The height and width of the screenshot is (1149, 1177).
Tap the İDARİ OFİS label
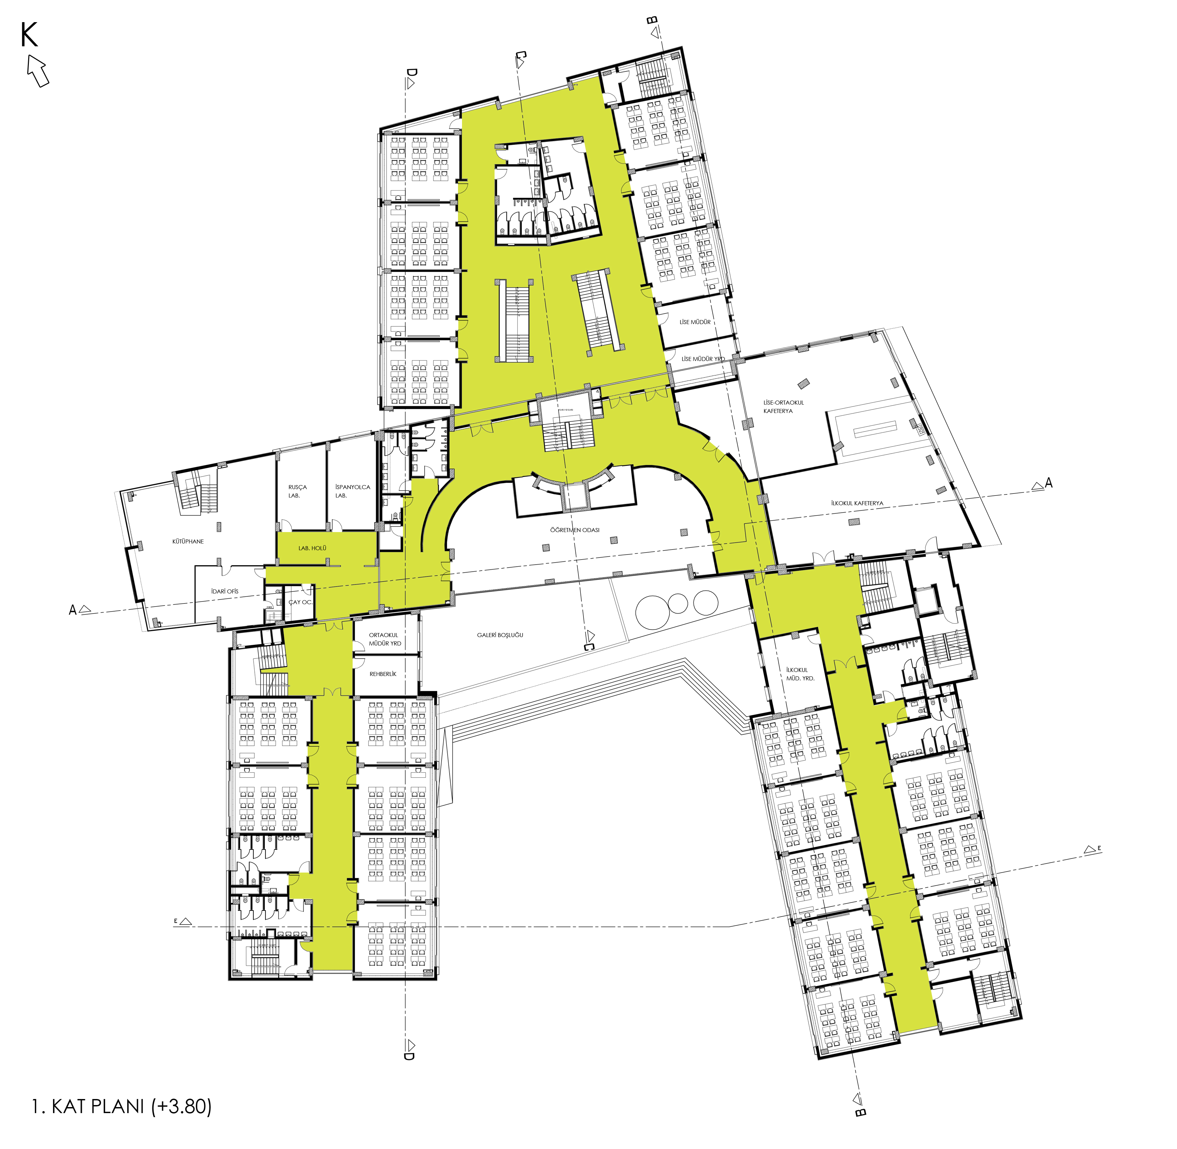224,591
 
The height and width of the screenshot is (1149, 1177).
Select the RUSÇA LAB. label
297,491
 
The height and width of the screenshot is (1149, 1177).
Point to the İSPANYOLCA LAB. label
352,491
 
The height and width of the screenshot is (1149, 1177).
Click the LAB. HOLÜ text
312,548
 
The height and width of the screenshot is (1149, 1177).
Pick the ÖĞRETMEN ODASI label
575,530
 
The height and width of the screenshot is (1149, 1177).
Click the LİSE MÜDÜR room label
695,322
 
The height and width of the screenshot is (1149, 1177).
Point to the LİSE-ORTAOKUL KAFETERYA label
783,407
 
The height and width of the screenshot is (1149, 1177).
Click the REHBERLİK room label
383,674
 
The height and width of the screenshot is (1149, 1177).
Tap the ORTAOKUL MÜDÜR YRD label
385,639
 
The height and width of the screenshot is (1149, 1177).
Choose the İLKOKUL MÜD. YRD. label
800,674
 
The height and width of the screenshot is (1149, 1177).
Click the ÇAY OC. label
300,602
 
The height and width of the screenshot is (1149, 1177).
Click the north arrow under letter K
38,70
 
